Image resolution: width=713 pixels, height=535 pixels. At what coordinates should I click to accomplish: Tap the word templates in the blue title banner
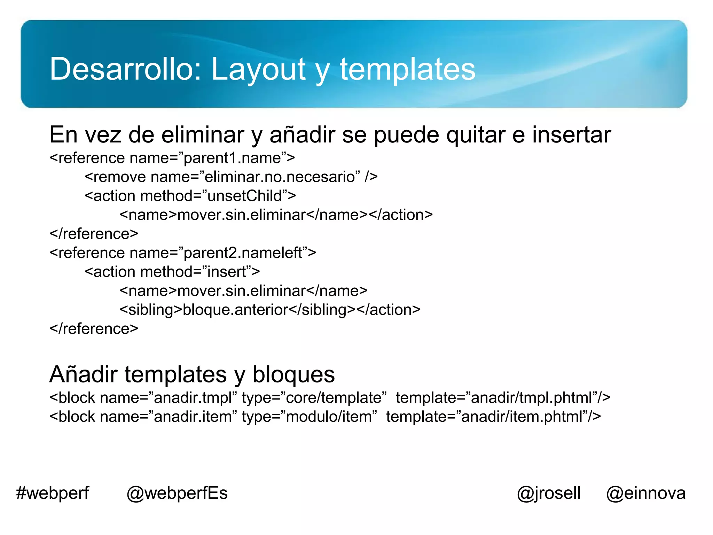[x=407, y=69]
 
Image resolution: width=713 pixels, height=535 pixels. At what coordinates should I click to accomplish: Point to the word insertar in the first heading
[x=571, y=135]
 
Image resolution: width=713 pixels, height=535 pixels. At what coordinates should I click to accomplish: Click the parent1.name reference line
[x=172, y=158]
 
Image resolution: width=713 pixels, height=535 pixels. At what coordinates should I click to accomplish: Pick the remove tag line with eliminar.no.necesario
[x=231, y=177]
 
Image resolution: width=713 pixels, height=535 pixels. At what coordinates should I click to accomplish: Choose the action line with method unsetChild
[x=190, y=196]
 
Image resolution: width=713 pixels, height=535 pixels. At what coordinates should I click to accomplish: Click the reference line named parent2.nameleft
[x=183, y=253]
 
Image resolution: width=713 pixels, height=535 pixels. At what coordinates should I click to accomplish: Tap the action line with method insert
[x=172, y=272]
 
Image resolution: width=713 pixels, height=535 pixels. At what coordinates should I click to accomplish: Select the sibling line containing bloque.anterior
[x=270, y=310]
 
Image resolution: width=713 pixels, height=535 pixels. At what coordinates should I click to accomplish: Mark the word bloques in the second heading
[x=293, y=374]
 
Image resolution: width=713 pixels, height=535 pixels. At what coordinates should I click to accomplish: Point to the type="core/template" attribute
[x=314, y=398]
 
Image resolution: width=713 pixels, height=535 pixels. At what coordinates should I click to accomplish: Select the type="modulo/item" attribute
[x=309, y=417]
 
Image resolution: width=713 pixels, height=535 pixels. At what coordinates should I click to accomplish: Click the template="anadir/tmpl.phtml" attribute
[x=503, y=398]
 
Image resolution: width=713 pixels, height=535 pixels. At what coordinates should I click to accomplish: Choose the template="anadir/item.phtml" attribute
[x=493, y=417]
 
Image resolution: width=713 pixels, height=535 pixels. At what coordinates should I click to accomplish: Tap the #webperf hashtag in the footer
[x=53, y=493]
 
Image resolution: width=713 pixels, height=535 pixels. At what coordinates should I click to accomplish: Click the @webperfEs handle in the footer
[x=177, y=493]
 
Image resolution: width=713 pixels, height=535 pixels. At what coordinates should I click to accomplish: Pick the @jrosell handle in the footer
[x=549, y=493]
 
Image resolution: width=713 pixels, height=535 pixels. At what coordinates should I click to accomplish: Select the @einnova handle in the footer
[x=646, y=493]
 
